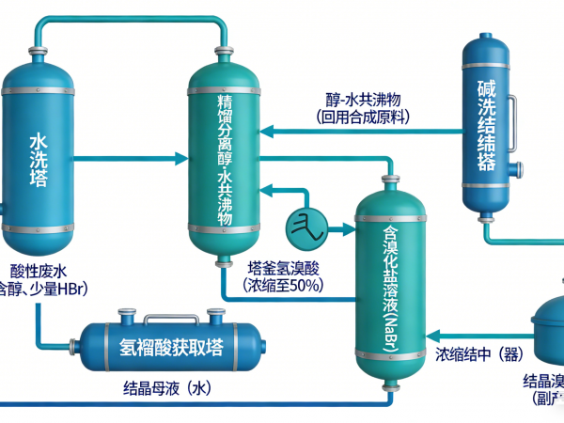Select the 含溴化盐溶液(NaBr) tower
click(x=391, y=282)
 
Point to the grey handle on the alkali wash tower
click(x=514, y=115)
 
